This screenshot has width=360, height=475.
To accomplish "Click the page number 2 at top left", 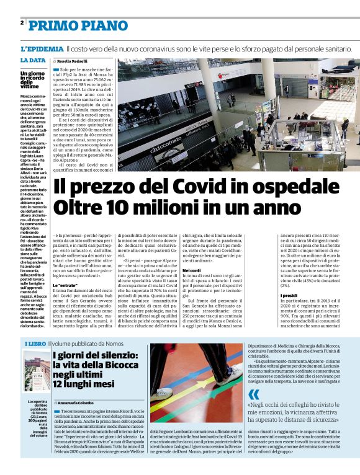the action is point(22,23).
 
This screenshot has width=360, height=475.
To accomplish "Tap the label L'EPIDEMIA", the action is point(42,48).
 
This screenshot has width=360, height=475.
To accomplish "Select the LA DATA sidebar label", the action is point(33,60).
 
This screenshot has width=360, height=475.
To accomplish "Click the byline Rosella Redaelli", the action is point(74,61).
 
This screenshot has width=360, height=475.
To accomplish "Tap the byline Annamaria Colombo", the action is point(78,404).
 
